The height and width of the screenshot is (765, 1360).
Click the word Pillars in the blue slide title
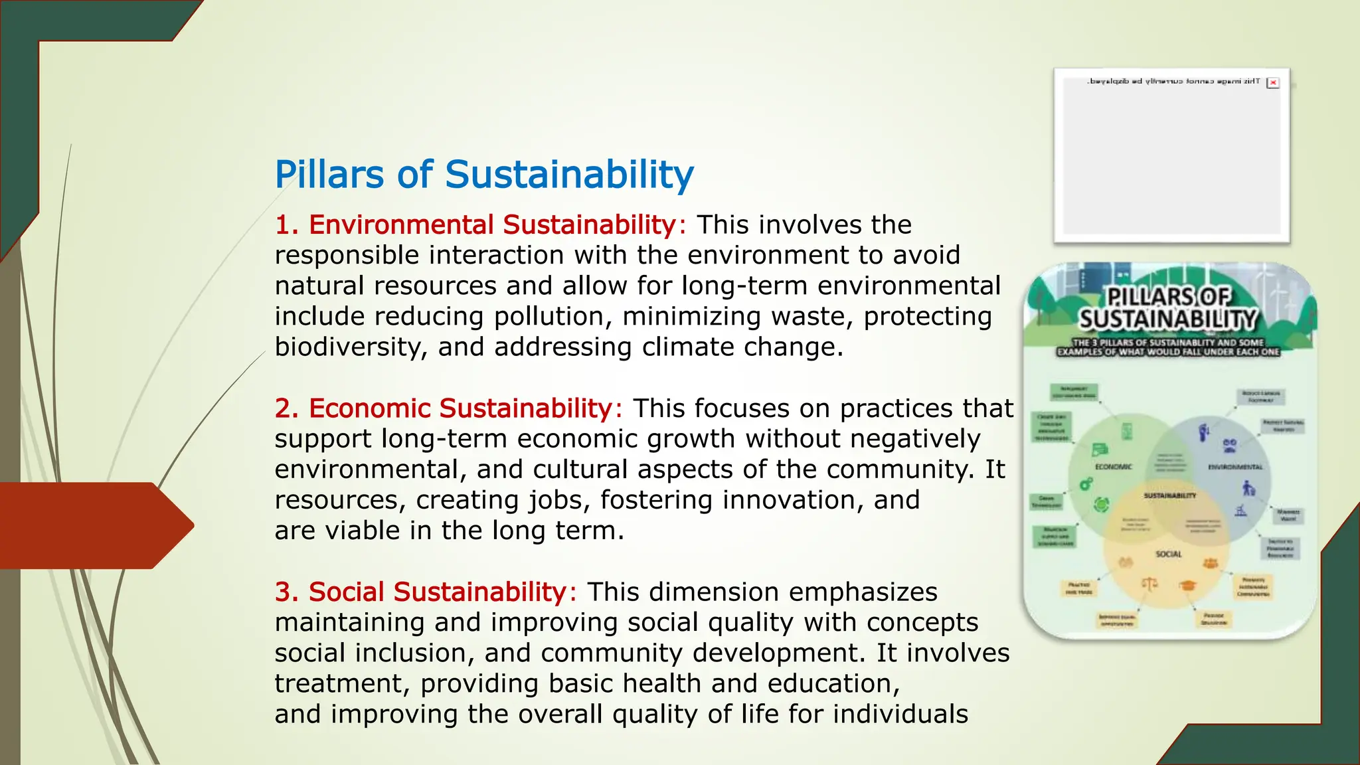(x=329, y=175)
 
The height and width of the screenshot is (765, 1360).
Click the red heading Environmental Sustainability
(x=492, y=225)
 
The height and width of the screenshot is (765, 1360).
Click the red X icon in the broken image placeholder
(x=1273, y=83)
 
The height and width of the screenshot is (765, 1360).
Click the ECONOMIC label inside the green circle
(x=1113, y=467)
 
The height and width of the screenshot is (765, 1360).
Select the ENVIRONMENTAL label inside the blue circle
(x=1235, y=467)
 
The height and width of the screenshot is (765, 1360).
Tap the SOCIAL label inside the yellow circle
(x=1168, y=554)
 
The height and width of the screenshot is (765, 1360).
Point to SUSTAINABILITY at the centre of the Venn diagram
(x=1169, y=495)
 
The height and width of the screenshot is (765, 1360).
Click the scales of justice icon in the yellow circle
(x=1149, y=584)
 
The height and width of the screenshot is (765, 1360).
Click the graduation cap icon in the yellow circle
(x=1187, y=585)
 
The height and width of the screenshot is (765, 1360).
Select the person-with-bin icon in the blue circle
(x=1248, y=489)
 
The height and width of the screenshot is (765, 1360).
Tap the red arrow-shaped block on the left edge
(x=93, y=525)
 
